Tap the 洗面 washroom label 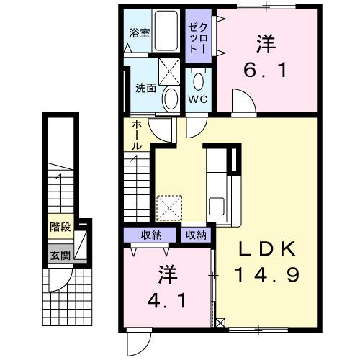pos(146,89)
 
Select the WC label pos(198,99)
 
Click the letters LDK pos(267,248)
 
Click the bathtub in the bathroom pos(167,32)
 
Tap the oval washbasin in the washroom pos(171,98)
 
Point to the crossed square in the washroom pos(170,71)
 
